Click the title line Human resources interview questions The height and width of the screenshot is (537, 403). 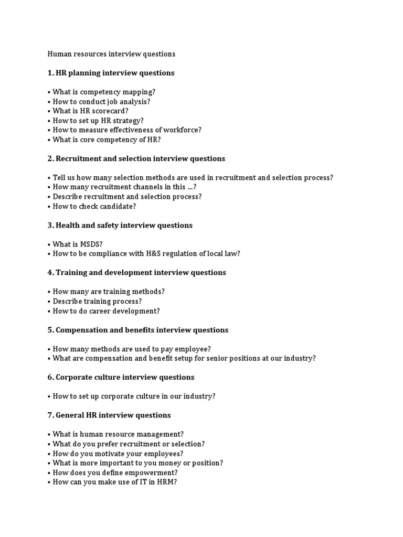111,54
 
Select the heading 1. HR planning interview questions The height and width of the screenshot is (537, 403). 111,73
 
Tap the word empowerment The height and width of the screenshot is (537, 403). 151,472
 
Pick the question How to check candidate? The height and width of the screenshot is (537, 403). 94,206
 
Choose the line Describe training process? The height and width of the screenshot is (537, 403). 97,302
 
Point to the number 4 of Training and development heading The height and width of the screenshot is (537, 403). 50,273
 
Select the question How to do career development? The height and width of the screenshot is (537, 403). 106,311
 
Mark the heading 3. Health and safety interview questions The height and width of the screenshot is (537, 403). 120,225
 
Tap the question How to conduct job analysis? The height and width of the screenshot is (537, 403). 101,101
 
